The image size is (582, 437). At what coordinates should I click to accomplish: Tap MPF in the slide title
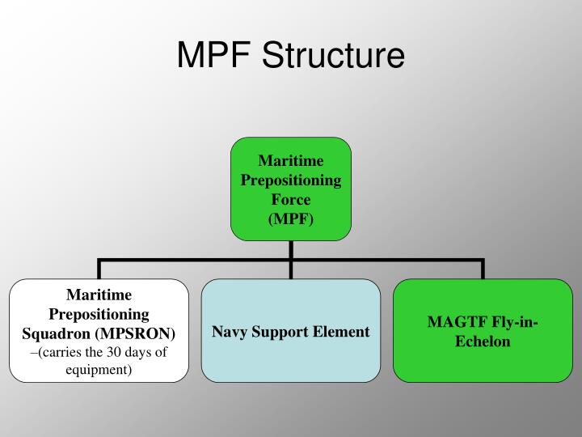(x=213, y=55)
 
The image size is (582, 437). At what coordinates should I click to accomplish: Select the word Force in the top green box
(x=291, y=198)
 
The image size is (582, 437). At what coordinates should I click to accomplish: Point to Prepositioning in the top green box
(x=291, y=180)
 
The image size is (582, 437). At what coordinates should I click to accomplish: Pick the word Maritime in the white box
(x=99, y=295)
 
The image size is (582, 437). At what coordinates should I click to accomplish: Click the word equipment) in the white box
(x=99, y=370)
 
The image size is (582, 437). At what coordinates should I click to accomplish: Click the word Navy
(x=230, y=332)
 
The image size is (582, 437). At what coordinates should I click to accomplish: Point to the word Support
(x=280, y=332)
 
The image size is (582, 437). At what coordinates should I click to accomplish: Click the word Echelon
(x=483, y=341)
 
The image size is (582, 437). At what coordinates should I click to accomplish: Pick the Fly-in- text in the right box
(x=512, y=322)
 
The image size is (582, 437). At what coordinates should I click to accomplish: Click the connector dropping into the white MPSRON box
(x=99, y=270)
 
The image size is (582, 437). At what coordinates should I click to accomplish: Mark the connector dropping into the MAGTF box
(x=483, y=270)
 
